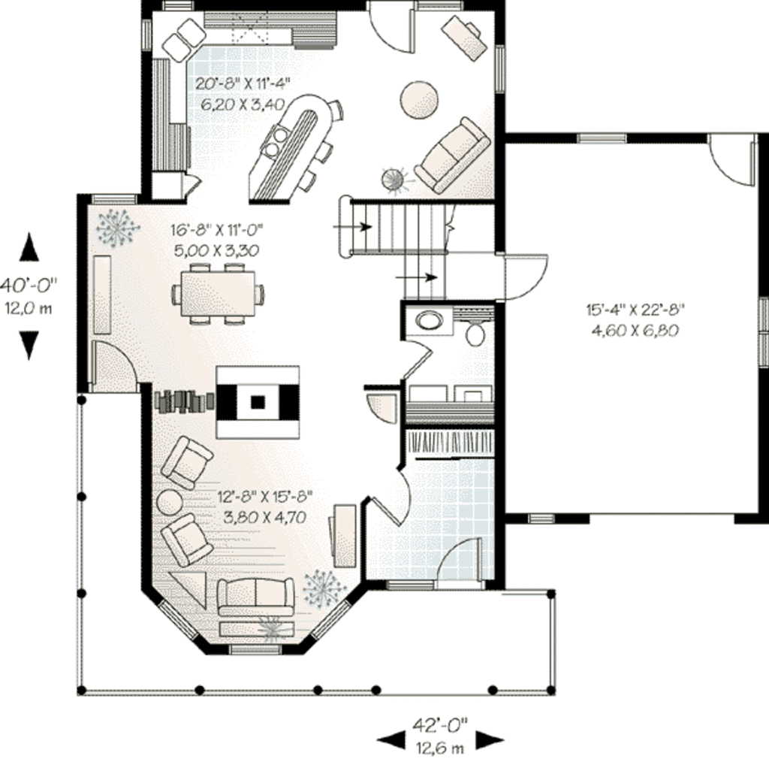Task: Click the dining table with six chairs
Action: (x=218, y=293)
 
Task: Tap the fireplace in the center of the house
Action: (x=258, y=401)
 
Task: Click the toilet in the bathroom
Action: (x=475, y=332)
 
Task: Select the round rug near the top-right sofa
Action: (x=419, y=99)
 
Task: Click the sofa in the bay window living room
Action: (x=255, y=595)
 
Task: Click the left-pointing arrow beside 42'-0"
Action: (x=391, y=740)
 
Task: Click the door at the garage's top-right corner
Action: (x=732, y=159)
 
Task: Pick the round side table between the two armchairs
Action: (x=169, y=501)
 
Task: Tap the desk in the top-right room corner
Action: (x=464, y=37)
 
